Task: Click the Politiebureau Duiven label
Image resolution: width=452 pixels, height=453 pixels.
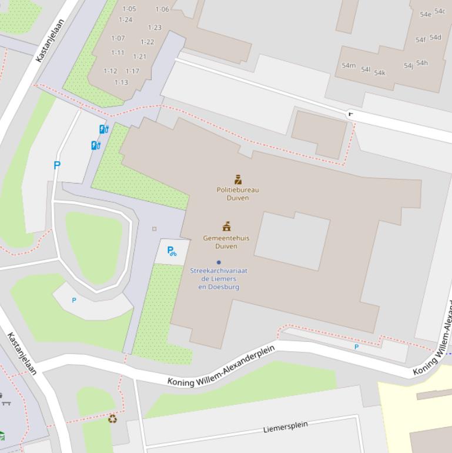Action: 237,194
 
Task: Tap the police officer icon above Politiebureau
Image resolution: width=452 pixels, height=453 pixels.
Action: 238,179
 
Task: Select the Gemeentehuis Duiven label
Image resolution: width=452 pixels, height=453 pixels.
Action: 226,242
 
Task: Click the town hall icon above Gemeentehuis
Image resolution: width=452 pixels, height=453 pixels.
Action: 226,226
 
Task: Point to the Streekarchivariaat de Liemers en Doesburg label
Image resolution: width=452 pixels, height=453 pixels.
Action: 219,279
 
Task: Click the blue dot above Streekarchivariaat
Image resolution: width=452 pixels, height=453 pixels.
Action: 219,262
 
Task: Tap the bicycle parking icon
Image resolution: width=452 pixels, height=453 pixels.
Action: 172,251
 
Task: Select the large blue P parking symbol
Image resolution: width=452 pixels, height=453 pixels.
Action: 57,166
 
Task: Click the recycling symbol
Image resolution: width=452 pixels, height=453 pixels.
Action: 112,419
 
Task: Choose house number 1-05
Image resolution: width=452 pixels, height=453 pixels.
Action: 129,9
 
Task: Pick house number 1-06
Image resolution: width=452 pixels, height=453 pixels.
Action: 162,9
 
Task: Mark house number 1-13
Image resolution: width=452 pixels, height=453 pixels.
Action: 121,82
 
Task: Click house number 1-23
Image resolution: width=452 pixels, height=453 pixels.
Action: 155,28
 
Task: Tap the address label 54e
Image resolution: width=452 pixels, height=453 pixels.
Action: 425,14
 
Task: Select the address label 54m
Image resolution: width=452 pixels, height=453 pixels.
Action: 349,65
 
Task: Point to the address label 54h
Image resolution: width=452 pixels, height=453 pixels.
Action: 422,63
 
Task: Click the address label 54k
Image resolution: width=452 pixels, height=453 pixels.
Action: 380,73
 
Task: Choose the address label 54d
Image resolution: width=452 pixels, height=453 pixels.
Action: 435,38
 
